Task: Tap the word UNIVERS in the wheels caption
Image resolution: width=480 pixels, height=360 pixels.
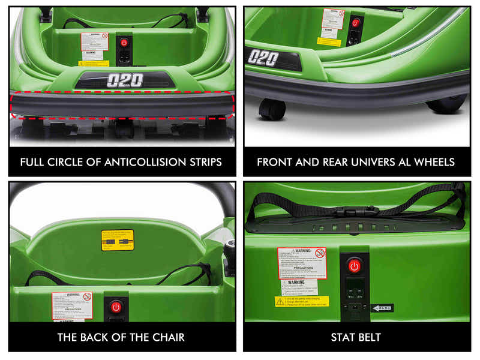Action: [x=367, y=162]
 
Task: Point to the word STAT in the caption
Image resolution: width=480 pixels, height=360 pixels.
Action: [x=344, y=337]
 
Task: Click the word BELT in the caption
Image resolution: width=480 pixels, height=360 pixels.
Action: [x=371, y=337]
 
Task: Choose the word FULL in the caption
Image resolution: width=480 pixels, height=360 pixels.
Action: [x=33, y=162]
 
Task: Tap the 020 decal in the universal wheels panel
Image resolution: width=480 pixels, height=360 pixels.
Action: [x=263, y=58]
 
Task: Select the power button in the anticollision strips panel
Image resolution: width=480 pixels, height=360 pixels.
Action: [x=124, y=43]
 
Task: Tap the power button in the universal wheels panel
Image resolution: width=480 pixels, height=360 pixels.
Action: [x=355, y=23]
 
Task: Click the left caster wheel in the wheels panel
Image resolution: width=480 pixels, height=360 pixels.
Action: [x=272, y=110]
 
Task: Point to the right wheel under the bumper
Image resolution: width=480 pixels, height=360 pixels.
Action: [x=447, y=104]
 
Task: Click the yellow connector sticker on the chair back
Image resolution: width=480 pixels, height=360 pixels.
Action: [x=118, y=240]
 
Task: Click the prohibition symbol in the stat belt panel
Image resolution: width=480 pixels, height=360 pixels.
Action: [x=320, y=253]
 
